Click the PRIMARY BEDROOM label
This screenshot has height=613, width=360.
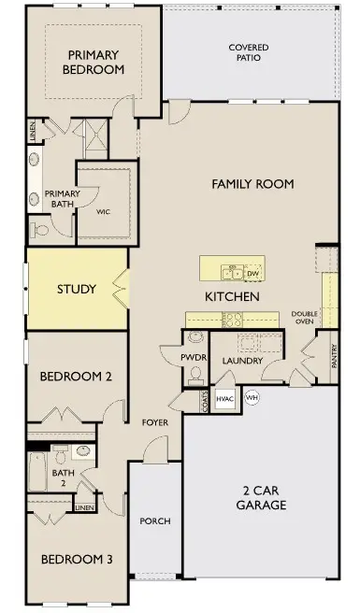94,62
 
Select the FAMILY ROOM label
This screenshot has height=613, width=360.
252,184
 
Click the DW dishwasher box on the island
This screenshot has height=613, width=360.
252,273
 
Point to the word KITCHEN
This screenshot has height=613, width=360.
232,296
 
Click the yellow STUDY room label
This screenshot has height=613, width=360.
76,289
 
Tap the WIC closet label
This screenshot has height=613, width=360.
104,211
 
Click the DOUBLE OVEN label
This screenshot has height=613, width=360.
305,318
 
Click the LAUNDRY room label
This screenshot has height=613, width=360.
243,362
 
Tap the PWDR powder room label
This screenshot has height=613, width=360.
195,357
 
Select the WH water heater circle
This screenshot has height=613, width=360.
252,397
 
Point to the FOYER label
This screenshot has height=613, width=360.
154,422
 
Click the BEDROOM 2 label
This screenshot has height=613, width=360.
76,378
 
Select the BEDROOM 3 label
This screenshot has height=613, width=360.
76,559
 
